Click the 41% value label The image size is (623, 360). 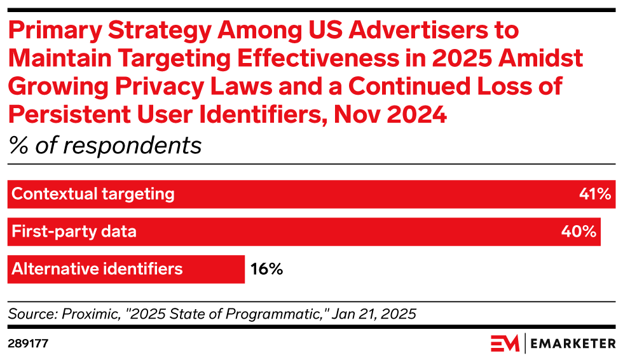click(595, 194)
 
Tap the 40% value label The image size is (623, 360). click(578, 232)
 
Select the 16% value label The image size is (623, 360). click(266, 269)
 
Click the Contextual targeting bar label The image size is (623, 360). click(93, 194)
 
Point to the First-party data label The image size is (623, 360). click(74, 232)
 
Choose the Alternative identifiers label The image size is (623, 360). click(97, 269)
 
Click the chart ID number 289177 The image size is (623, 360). click(28, 343)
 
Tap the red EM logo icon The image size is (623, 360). click(505, 343)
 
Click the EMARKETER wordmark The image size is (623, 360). click(572, 343)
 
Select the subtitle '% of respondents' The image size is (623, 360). click(105, 146)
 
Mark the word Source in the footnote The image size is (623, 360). click(31, 314)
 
